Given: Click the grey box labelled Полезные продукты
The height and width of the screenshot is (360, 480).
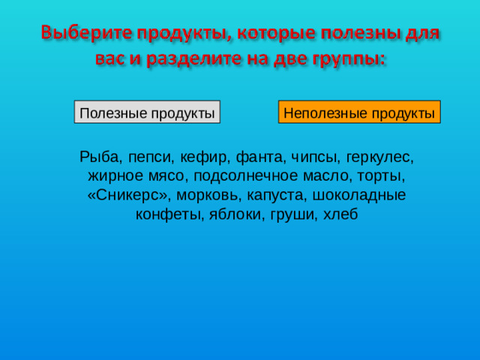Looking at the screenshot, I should [147, 112].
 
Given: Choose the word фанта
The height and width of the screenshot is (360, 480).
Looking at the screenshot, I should [259, 158].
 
